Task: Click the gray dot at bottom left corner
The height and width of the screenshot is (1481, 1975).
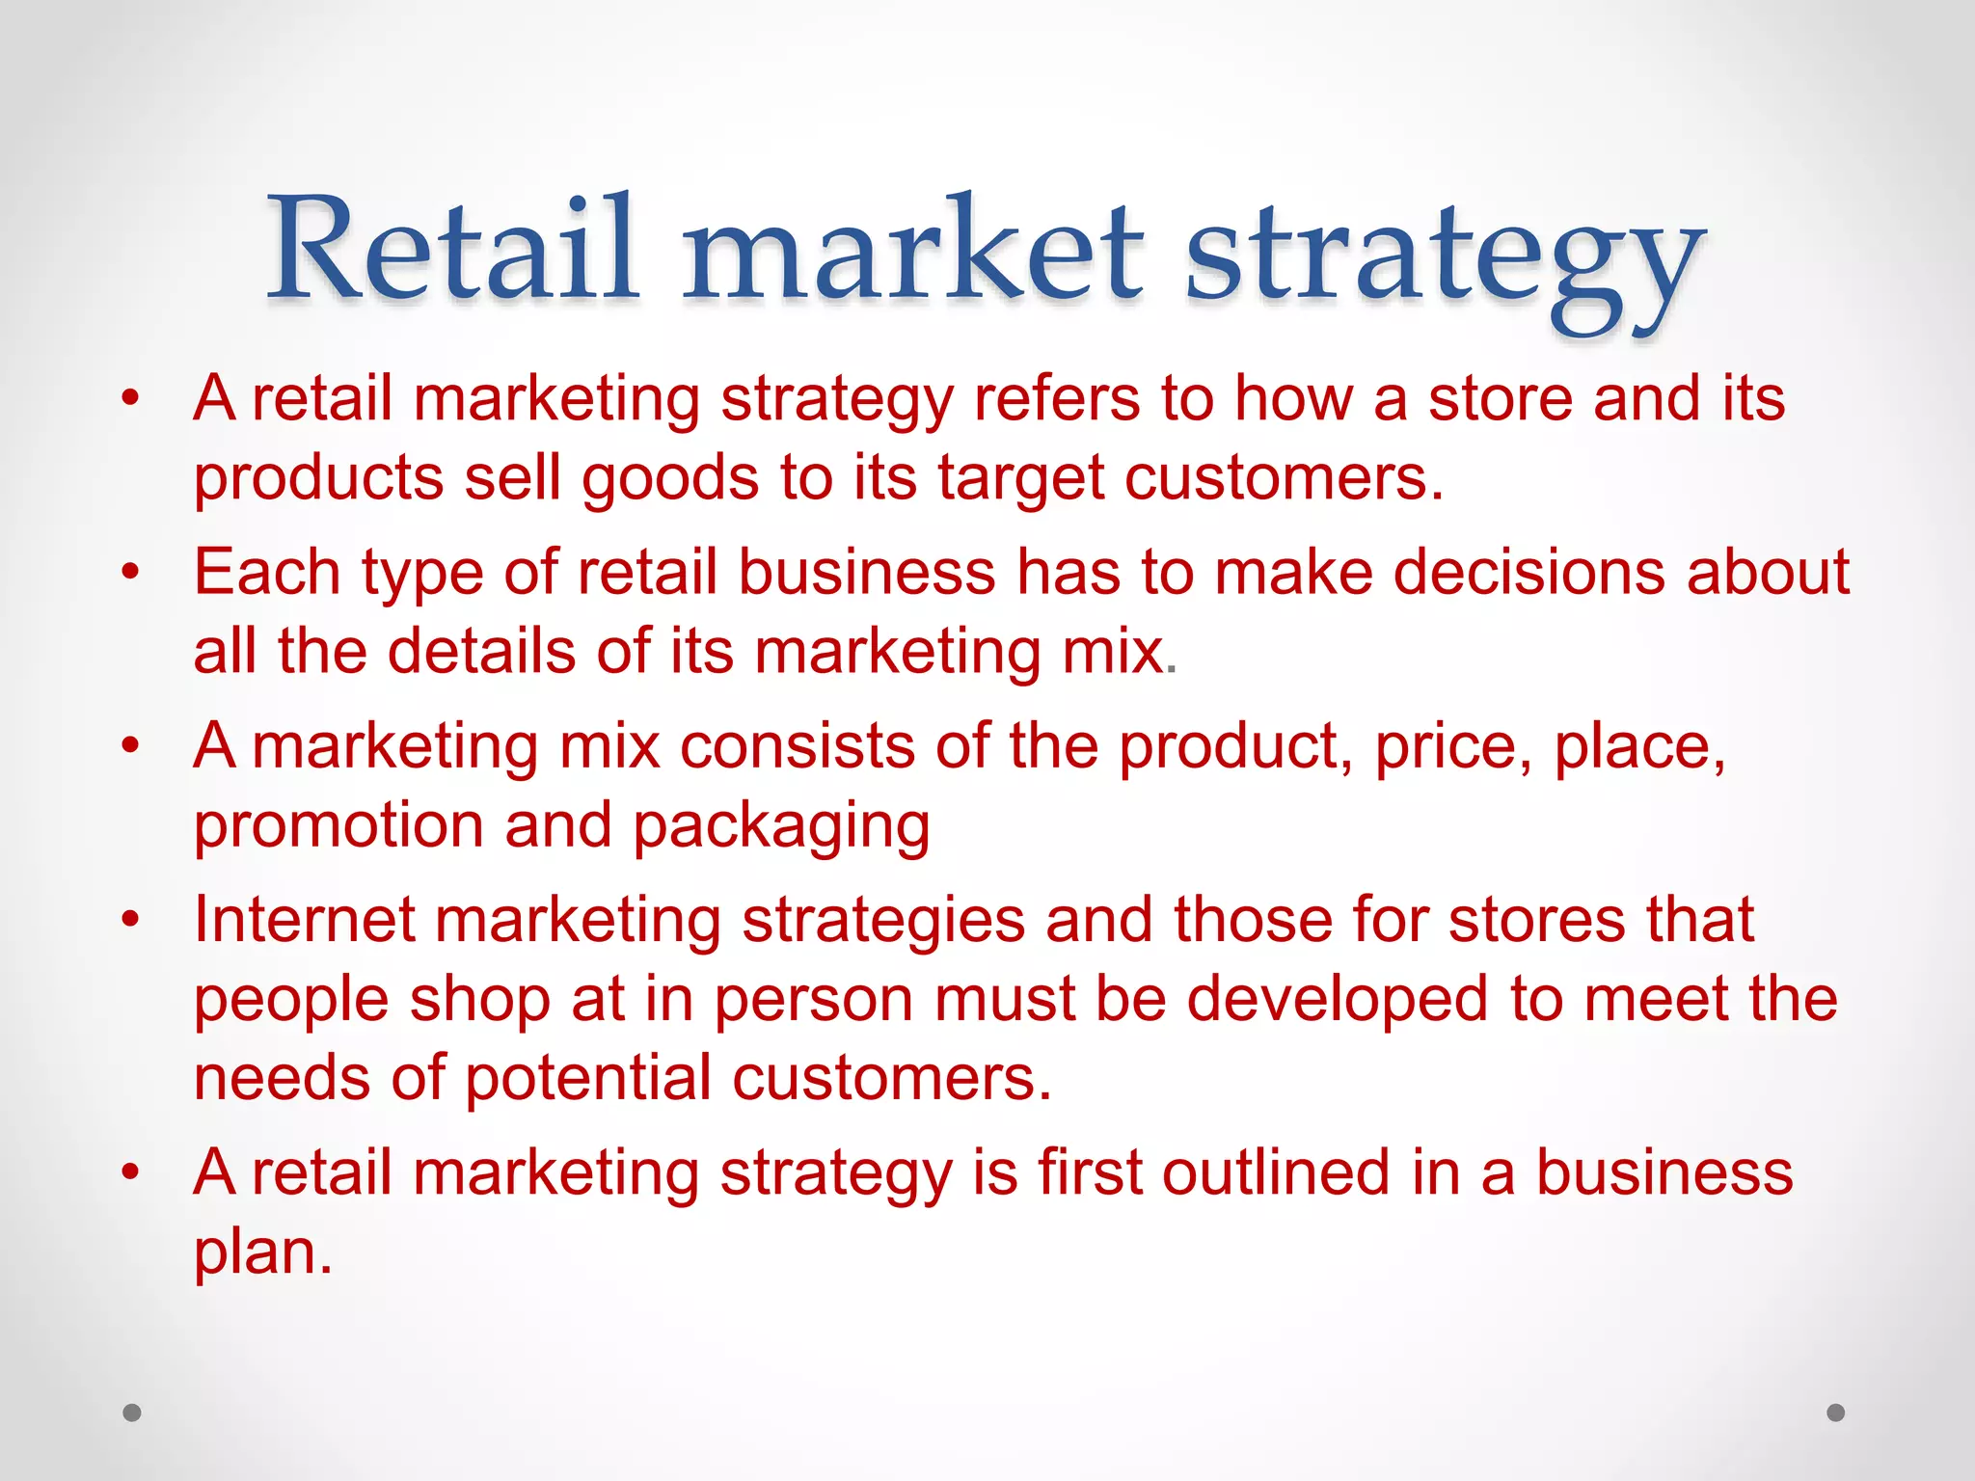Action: [132, 1413]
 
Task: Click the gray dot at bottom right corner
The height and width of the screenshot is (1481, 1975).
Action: [1835, 1413]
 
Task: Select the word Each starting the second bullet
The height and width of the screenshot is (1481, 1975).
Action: [266, 572]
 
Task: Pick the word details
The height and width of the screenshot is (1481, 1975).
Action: [481, 651]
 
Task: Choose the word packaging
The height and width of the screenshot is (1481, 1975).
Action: [781, 828]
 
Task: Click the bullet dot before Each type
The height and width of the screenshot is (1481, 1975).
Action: [131, 572]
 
